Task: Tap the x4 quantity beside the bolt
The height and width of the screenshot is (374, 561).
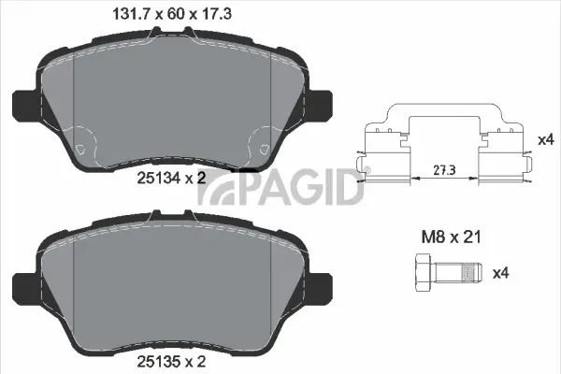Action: click(499, 273)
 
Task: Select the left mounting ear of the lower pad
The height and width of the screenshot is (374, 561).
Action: click(23, 285)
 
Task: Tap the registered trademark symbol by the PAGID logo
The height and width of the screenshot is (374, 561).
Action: click(367, 170)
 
